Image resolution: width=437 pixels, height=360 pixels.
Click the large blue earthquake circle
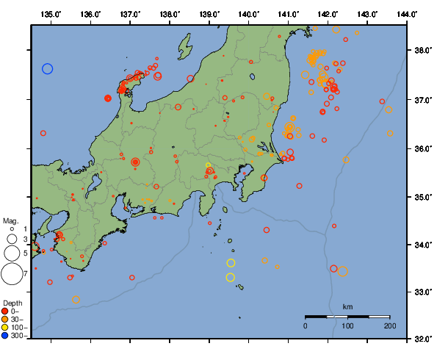point(48,68)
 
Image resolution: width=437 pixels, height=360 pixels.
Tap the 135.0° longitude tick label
point(51,14)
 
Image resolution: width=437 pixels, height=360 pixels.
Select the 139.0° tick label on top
point(210,14)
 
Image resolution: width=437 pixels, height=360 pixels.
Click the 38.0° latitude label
point(422,51)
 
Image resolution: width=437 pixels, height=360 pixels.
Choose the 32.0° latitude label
point(422,339)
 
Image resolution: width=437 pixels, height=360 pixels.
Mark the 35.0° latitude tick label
point(422,197)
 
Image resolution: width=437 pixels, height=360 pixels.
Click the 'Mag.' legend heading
point(10,220)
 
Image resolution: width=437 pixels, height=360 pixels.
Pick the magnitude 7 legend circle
point(11,274)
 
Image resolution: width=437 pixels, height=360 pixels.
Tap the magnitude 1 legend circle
point(12,229)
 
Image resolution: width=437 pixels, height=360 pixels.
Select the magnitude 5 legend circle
point(11,253)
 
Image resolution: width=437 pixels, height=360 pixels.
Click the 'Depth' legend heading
point(12,303)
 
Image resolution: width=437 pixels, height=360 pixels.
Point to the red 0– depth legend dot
point(7,312)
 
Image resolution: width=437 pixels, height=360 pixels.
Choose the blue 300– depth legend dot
point(7,336)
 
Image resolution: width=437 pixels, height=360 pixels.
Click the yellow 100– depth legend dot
point(7,328)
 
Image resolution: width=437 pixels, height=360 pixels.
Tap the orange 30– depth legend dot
point(7,320)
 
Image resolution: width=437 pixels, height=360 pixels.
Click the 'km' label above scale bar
point(347,306)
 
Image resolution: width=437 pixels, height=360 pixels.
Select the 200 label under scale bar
point(390,325)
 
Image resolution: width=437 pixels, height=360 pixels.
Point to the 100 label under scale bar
point(347,325)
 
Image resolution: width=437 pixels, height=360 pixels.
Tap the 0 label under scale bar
point(306,325)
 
